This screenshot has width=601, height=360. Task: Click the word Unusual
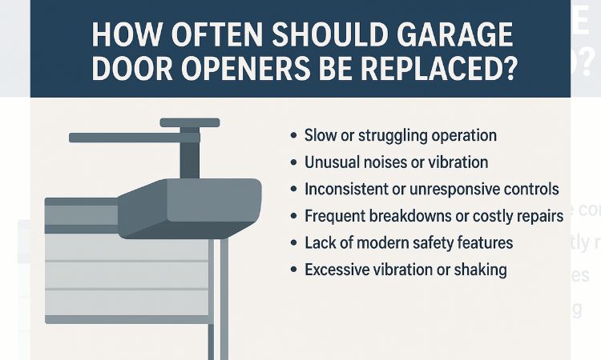point(333,162)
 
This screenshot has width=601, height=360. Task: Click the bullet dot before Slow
point(293,136)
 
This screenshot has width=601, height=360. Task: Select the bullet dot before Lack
point(293,243)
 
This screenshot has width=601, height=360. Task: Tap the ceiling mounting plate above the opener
point(189,122)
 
